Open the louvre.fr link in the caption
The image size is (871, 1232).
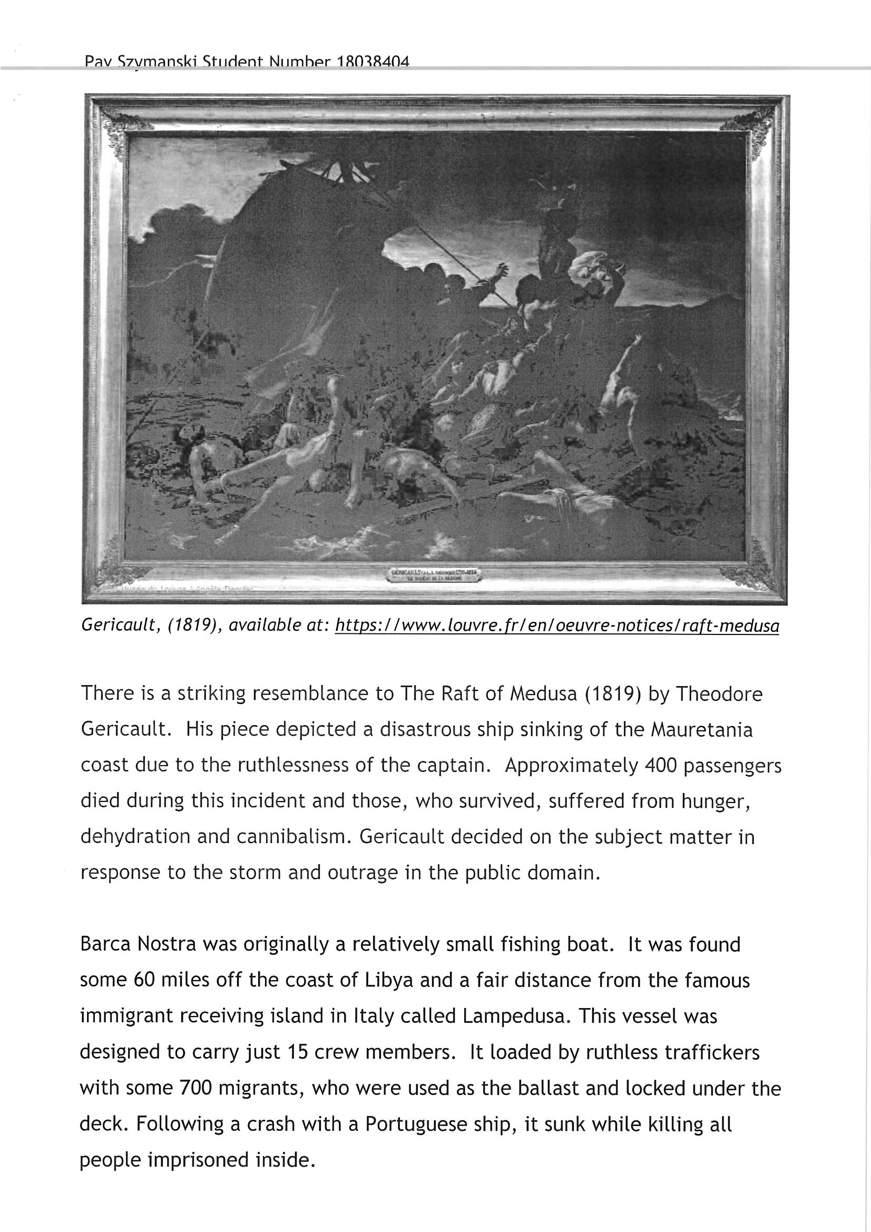click(556, 625)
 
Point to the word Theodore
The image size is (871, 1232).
click(719, 695)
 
